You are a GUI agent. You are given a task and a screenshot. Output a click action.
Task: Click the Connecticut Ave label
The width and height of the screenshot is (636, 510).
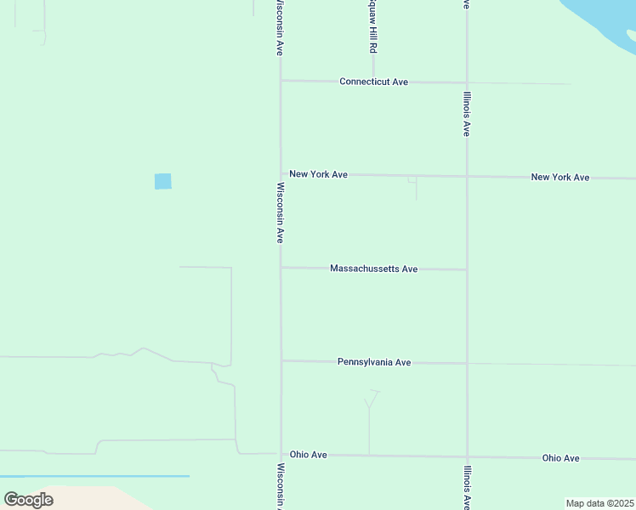(373, 82)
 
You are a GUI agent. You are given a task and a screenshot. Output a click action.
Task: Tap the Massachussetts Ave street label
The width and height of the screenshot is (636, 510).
(373, 269)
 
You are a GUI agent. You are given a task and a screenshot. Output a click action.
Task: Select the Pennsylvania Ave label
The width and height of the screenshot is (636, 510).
(374, 362)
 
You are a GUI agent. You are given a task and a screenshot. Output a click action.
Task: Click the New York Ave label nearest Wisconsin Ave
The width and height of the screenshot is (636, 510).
(318, 174)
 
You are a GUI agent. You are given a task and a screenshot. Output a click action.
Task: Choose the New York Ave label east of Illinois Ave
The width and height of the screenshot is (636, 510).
(559, 178)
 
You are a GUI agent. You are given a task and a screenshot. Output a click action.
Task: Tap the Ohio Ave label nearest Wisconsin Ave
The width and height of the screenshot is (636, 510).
(308, 455)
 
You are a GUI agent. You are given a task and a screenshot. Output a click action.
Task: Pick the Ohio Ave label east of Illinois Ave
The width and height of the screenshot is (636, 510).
(560, 458)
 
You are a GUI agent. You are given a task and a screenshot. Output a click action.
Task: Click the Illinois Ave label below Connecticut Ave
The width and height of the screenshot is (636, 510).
(467, 114)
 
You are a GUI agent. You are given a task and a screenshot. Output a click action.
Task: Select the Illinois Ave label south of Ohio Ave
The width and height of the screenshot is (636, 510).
(467, 485)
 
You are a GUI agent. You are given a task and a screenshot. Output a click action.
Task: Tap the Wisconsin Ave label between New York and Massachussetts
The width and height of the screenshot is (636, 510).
(280, 212)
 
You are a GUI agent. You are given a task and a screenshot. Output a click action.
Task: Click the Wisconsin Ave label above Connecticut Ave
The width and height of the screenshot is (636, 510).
(279, 27)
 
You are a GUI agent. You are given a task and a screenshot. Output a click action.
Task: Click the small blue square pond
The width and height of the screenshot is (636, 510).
(162, 181)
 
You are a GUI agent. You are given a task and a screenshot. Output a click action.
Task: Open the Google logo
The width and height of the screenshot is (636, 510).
(28, 499)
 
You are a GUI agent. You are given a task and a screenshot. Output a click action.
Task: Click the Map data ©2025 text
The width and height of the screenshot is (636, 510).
(599, 503)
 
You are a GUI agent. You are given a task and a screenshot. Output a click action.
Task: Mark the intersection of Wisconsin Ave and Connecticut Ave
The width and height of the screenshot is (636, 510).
(281, 81)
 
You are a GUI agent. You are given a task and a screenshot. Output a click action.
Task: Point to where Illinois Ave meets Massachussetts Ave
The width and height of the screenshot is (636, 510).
(467, 269)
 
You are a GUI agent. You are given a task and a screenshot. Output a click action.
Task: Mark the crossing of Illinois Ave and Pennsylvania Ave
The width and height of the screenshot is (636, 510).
(467, 363)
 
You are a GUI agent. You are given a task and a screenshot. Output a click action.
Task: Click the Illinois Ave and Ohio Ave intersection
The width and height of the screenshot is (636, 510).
(467, 456)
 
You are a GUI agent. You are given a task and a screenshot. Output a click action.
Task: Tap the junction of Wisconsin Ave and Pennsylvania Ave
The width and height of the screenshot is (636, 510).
(281, 360)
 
